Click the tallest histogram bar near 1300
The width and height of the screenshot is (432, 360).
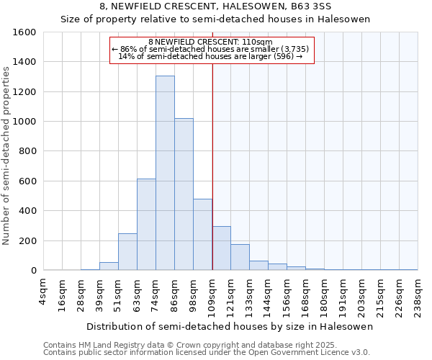165,173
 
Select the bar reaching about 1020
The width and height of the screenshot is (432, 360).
184,194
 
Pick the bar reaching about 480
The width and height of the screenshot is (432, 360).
202,235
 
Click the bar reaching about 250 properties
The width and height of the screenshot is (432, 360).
127,252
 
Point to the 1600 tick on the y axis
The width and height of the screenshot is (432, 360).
24,32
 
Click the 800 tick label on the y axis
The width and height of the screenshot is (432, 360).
27,151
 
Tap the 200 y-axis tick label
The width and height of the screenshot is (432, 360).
27,240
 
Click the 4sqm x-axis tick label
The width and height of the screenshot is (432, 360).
43,288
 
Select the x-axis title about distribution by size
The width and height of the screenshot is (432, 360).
230,326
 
